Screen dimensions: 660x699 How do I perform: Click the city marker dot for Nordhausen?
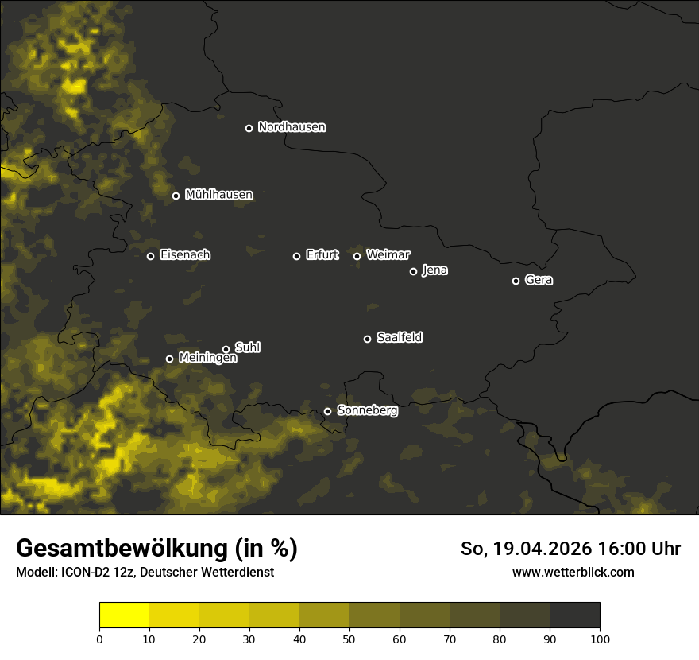249,128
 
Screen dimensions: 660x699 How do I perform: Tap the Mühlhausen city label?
218,195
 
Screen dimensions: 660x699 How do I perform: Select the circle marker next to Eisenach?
150,256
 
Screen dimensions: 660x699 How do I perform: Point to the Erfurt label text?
322,255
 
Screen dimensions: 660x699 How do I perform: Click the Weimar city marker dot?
357,256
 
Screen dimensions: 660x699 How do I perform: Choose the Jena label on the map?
434,270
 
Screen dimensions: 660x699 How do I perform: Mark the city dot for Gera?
516,281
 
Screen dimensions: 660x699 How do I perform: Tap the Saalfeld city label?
399,338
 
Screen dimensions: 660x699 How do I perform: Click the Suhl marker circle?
226,349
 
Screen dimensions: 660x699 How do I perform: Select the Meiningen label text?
207,359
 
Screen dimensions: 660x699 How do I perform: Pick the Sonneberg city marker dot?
327,411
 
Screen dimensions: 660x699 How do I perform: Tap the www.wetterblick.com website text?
573,572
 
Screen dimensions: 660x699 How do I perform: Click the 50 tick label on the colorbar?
349,638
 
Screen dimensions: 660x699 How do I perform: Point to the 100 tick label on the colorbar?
599,638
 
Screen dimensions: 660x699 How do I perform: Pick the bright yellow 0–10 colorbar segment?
125,615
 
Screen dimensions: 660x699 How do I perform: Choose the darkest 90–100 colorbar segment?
574,615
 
